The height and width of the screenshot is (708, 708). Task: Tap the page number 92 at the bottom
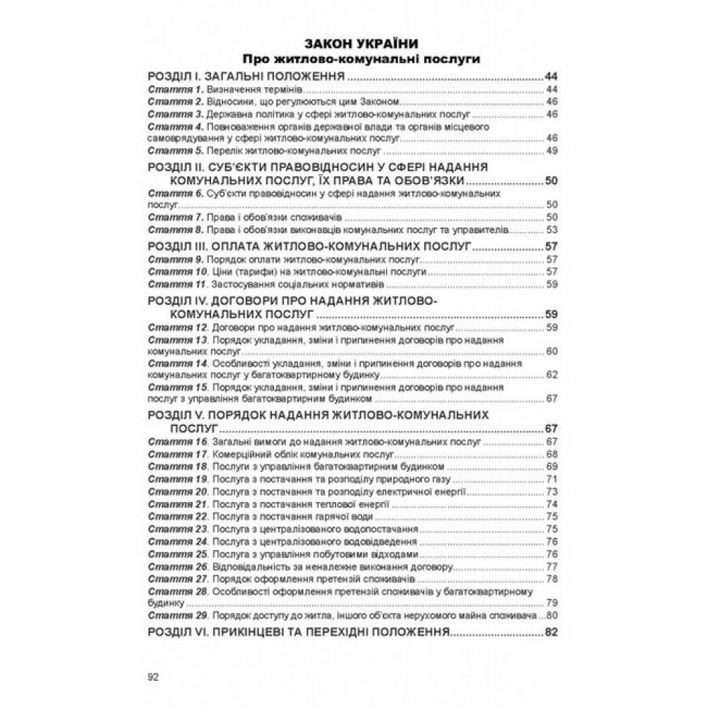click(153, 676)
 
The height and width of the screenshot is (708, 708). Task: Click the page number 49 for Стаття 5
click(553, 151)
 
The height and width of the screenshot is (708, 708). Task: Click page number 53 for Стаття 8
click(553, 229)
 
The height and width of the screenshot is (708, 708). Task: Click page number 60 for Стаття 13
click(553, 352)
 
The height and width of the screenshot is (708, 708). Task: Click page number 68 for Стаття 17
click(553, 454)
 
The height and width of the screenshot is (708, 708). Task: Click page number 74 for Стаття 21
click(553, 504)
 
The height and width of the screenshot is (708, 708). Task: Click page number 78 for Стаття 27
click(553, 578)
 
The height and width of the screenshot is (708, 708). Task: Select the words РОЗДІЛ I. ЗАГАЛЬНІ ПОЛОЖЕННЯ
click(251, 76)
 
